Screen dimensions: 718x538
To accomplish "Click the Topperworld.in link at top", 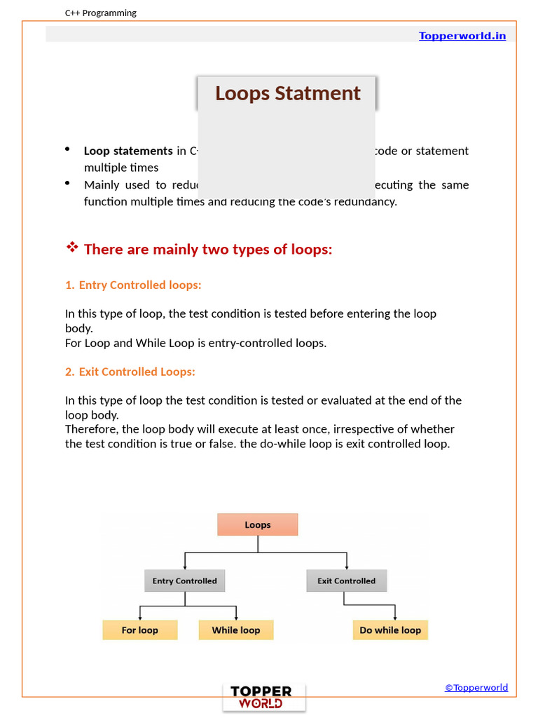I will pyautogui.click(x=462, y=36).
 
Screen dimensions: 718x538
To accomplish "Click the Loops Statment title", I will pyautogui.click(x=287, y=93).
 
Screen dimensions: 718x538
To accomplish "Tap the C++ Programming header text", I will pyautogui.click(x=101, y=13).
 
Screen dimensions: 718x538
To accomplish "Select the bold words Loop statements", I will pyautogui.click(x=128, y=151).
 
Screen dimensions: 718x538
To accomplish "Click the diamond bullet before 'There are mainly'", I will pyautogui.click(x=71, y=248).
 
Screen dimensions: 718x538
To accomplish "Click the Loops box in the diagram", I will pyautogui.click(x=258, y=524).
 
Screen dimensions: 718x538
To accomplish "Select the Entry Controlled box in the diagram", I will pyautogui.click(x=185, y=581).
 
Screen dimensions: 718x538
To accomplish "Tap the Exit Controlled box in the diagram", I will pyautogui.click(x=347, y=581).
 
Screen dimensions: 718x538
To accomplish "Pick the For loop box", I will pyautogui.click(x=140, y=630).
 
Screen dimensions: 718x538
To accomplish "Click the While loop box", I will pyautogui.click(x=236, y=630).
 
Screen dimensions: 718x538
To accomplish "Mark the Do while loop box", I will pyautogui.click(x=390, y=630).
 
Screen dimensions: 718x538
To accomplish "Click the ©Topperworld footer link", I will pyautogui.click(x=476, y=688).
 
